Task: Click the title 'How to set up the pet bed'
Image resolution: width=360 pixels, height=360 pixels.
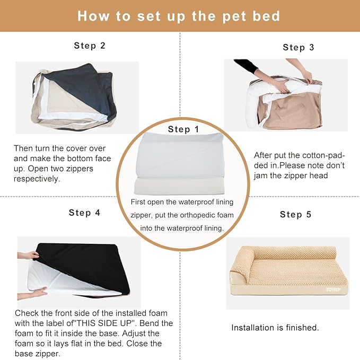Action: pos(179,16)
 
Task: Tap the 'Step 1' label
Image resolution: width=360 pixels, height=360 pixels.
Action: pos(183,129)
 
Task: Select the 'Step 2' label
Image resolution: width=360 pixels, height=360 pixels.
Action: pos(90,46)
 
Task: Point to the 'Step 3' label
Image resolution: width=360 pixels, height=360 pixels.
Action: pos(298,47)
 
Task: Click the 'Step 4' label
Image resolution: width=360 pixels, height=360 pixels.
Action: pos(84,213)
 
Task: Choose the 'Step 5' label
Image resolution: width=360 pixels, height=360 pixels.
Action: pos(296,214)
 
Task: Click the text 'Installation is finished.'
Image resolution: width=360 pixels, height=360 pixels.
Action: pos(275,328)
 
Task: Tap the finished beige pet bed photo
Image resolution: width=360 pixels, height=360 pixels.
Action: pos(287,274)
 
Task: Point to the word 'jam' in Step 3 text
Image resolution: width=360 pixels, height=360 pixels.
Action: pos(261,176)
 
